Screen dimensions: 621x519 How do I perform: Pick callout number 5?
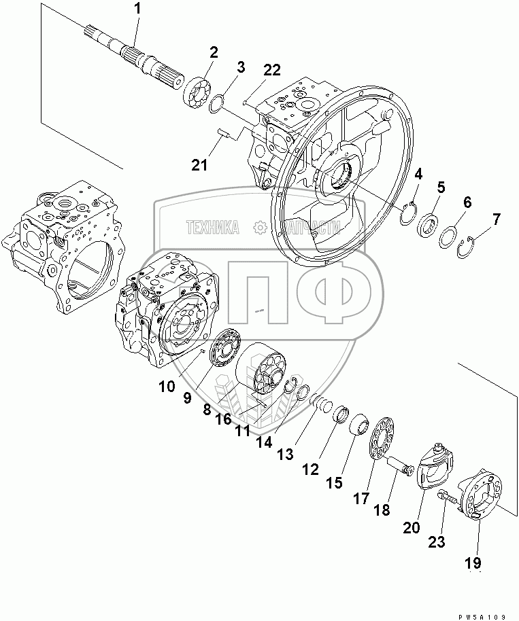pyautogui.click(x=441, y=187)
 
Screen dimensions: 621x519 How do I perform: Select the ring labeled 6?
pyautogui.click(x=448, y=238)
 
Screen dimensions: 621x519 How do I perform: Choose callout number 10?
pyautogui.click(x=168, y=387)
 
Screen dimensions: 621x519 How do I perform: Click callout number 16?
pyautogui.click(x=224, y=419)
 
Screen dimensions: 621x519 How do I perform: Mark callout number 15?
pyautogui.click(x=334, y=483)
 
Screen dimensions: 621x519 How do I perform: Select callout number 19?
pyautogui.click(x=473, y=563)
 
